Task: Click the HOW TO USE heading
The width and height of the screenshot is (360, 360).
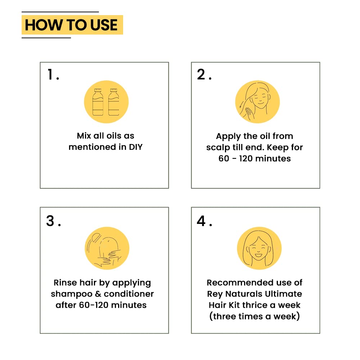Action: tap(71, 25)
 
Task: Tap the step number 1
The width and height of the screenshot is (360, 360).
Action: tap(50, 75)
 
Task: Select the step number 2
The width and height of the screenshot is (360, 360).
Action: tap(201, 75)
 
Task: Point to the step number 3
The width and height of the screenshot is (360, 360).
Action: tap(50, 221)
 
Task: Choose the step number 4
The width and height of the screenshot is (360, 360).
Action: tap(201, 221)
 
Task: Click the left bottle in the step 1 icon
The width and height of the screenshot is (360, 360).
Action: tap(98, 102)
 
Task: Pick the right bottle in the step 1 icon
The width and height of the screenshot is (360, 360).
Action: tap(114, 102)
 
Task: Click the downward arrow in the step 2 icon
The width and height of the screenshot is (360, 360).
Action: tap(241, 105)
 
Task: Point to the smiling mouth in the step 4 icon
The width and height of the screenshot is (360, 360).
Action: tap(258, 255)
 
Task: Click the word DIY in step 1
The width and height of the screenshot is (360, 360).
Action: tap(136, 147)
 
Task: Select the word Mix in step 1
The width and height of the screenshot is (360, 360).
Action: tap(84, 136)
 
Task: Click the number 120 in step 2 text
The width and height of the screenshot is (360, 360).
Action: tap(246, 158)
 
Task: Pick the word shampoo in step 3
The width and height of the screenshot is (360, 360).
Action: tap(71, 294)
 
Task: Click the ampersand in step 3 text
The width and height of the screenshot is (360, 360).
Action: tap(98, 294)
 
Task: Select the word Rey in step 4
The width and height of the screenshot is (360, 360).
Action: tap(215, 294)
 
